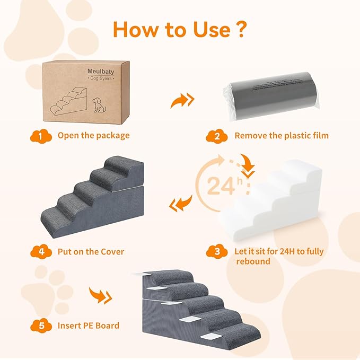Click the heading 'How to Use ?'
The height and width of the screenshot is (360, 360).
[x=179, y=29]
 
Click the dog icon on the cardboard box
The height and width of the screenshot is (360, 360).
[x=99, y=104]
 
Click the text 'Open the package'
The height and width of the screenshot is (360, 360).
[x=93, y=135]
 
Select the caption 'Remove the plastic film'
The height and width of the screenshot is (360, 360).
[x=282, y=135]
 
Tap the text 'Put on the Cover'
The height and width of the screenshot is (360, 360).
[x=91, y=251]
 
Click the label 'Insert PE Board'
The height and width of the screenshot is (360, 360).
[x=88, y=326]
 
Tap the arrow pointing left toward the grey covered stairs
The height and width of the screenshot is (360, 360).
[x=180, y=203]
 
